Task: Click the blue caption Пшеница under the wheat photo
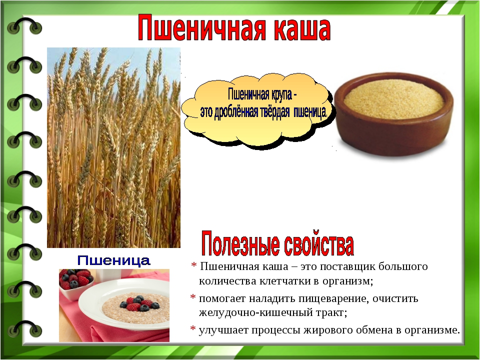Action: click(x=113, y=260)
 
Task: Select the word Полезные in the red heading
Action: click(x=240, y=244)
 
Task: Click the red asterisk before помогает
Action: click(x=193, y=297)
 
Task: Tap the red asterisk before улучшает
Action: click(x=193, y=329)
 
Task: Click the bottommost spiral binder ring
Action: click(x=24, y=328)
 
